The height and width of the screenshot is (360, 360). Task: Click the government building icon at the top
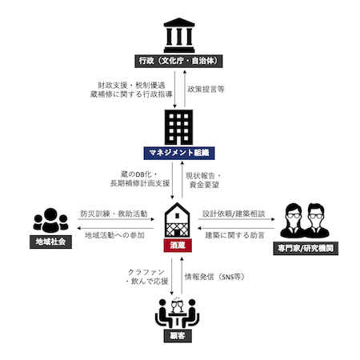coord(180,34)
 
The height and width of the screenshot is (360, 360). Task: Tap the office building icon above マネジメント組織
coord(180,126)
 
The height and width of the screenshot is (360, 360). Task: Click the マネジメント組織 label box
coord(180,152)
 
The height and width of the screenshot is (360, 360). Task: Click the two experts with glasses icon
coord(302,220)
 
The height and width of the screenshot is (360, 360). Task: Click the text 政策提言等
coord(206,90)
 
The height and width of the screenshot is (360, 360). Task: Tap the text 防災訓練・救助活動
coord(113,214)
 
